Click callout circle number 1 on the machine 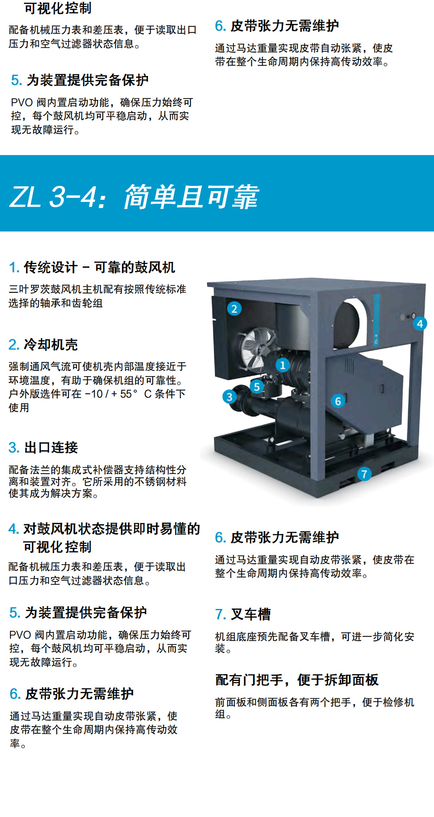(x=283, y=365)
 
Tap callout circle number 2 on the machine (x=234, y=309)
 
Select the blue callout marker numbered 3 (x=229, y=397)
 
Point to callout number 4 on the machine (x=420, y=324)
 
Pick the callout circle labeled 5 (x=257, y=387)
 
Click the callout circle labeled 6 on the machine (x=338, y=401)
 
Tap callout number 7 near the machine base (x=364, y=474)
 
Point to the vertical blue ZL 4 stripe (x=377, y=320)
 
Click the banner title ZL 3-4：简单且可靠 (x=134, y=197)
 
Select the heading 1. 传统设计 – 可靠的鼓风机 (x=92, y=268)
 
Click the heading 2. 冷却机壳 (x=43, y=345)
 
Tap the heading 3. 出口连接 (x=43, y=448)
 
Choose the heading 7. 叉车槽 (x=243, y=615)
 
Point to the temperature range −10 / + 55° (x=111, y=394)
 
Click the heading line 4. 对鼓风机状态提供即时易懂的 (x=104, y=529)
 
